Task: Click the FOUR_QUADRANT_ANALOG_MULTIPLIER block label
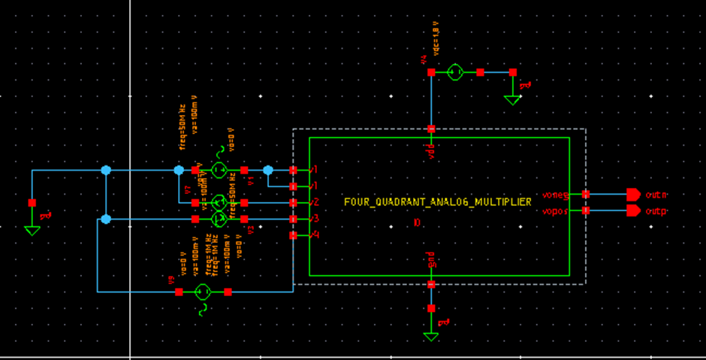437,202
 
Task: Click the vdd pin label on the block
432,150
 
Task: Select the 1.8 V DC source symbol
455,73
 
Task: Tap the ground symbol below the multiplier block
431,334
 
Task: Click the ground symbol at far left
32,228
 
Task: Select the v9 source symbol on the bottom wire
202,292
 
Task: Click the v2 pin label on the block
315,202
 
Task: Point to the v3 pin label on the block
315,219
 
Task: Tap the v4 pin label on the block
315,235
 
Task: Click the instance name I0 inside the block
418,223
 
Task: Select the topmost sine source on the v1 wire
219,170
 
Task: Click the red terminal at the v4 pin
293,236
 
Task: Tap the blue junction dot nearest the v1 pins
268,170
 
